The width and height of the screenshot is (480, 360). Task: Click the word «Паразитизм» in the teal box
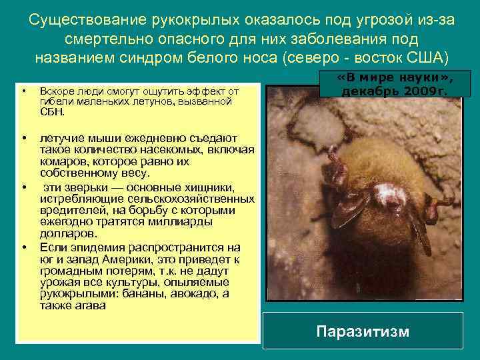click(x=363, y=331)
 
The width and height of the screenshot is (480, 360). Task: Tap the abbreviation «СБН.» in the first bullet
click(x=53, y=111)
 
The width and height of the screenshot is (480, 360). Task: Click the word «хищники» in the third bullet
click(x=215, y=189)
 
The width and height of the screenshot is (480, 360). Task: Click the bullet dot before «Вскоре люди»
click(x=24, y=90)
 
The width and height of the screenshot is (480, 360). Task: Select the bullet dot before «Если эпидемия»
click(x=24, y=247)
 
